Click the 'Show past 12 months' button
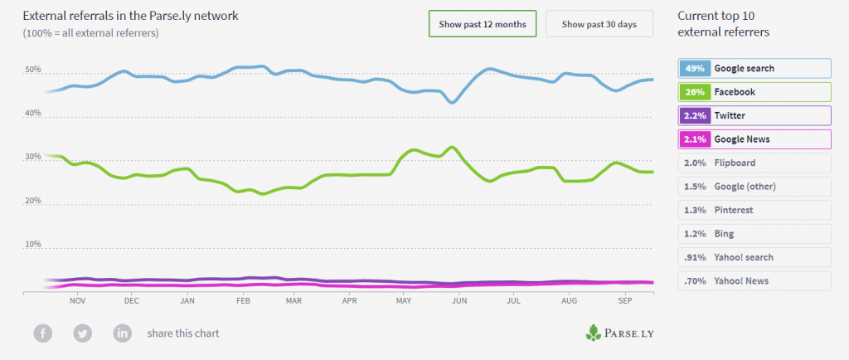(x=483, y=24)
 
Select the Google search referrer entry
(x=754, y=68)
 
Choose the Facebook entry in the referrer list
(x=754, y=91)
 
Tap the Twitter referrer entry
(x=754, y=115)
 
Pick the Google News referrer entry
(x=754, y=139)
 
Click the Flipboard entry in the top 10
(x=754, y=163)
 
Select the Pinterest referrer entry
(x=754, y=210)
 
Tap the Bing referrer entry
(x=754, y=234)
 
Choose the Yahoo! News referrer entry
(x=754, y=281)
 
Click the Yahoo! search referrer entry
(x=754, y=257)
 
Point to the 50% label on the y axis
(x=33, y=70)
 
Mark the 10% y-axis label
(x=33, y=245)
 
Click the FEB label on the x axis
(x=244, y=303)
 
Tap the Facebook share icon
(x=43, y=333)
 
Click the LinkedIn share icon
(x=123, y=333)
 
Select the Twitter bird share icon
(x=83, y=333)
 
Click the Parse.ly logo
(x=619, y=333)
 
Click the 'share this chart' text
(x=183, y=333)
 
